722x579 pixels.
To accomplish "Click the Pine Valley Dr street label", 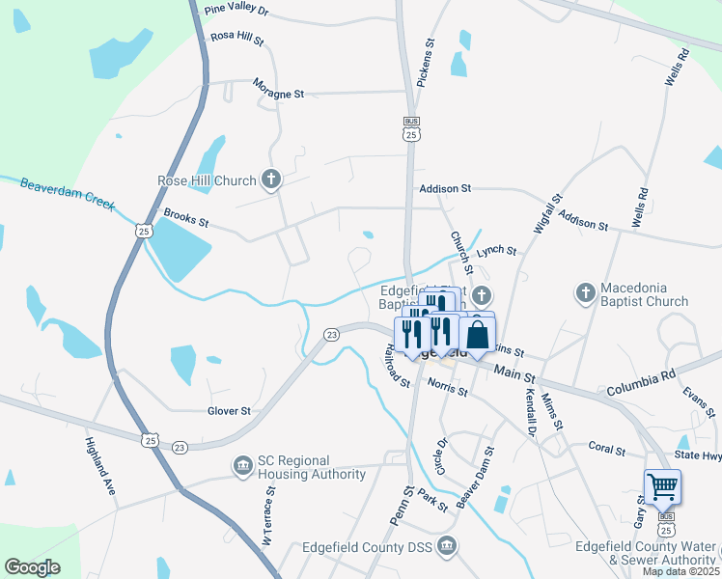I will tap(236, 12).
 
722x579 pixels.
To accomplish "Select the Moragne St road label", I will tap(278, 94).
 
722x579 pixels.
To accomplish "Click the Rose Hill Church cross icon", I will tap(272, 179).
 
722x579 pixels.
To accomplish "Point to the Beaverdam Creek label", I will tap(68, 192).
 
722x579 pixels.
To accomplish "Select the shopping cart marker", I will tap(663, 486).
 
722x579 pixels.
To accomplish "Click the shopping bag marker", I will tap(478, 336).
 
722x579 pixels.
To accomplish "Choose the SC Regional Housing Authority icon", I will tap(240, 467).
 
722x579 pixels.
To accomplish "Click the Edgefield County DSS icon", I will tap(446, 547).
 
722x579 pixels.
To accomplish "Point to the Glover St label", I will tap(229, 410).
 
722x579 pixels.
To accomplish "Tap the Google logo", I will tap(32, 567).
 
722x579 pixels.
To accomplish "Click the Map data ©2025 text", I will tap(680, 571).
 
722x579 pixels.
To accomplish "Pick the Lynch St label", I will tap(497, 250).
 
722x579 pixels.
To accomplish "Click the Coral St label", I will tap(608, 449).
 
